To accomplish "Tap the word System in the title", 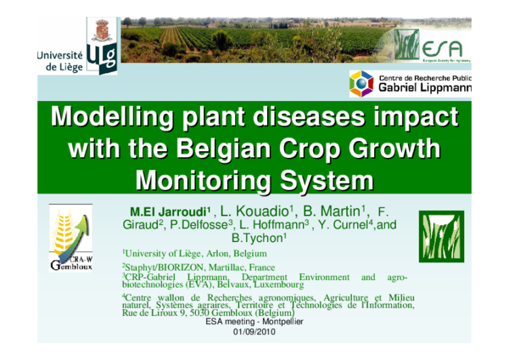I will (326, 180).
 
